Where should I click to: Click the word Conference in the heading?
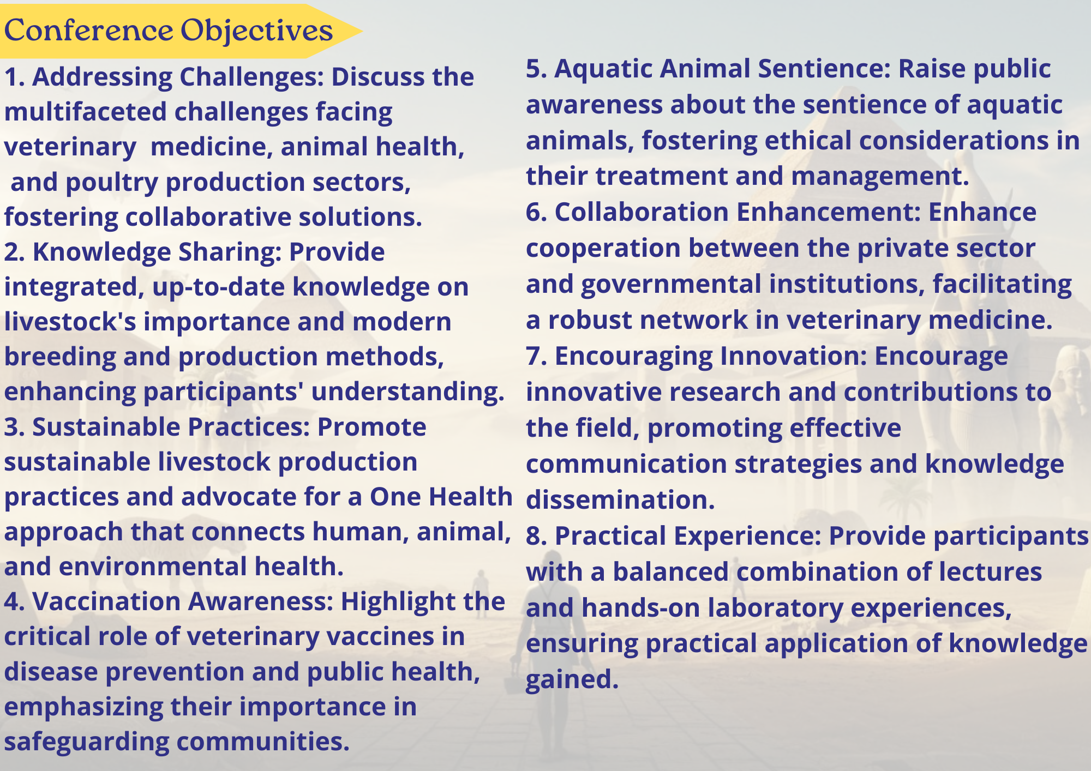point(88,30)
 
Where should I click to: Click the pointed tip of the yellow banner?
point(362,31)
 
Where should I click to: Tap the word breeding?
point(60,358)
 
